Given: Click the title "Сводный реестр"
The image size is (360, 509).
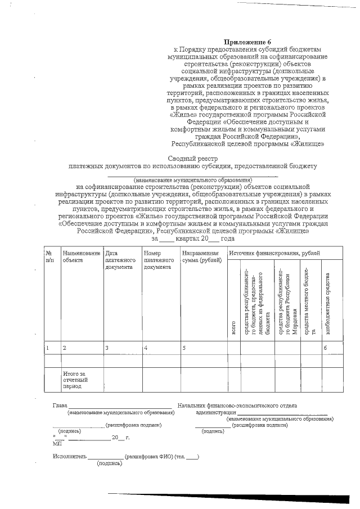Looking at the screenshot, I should [192, 159].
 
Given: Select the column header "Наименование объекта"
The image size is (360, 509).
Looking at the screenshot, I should [82, 257].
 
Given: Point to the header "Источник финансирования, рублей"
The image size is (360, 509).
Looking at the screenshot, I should [274, 254].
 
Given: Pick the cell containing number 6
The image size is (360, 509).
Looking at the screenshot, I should [325, 348].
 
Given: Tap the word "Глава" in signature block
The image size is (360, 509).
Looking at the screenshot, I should [60, 406].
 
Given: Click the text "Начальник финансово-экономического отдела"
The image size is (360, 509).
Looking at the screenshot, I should [237, 406].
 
